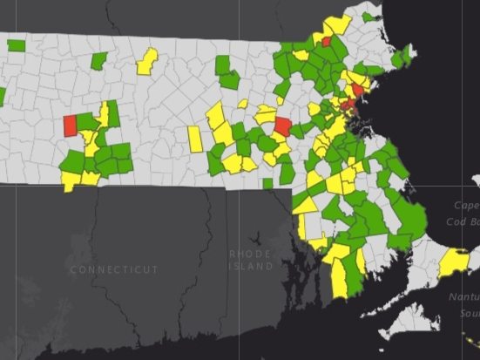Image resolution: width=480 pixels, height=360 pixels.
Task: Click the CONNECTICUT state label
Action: click(x=113, y=270)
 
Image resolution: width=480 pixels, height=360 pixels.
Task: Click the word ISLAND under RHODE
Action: click(x=251, y=265)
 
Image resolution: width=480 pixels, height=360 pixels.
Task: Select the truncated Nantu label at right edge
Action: click(x=464, y=298)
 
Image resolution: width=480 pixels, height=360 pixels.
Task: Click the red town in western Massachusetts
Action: click(x=70, y=126)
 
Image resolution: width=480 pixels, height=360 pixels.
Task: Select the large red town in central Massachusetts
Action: click(x=283, y=126)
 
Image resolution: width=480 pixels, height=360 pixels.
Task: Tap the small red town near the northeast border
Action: click(x=326, y=41)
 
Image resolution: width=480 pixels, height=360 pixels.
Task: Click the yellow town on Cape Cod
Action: click(x=453, y=262)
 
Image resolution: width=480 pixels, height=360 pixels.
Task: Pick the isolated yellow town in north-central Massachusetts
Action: click(x=147, y=61)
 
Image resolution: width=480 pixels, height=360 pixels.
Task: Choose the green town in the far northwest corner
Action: click(x=16, y=44)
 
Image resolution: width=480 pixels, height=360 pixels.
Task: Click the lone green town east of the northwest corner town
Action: click(x=99, y=60)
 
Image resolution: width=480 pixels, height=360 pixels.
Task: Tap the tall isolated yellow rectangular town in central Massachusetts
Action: click(x=195, y=138)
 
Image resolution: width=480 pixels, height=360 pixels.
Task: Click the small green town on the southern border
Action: click(x=267, y=183)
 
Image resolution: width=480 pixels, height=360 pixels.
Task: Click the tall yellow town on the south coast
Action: click(x=338, y=277)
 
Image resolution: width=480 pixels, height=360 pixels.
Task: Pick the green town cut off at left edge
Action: click(x=2, y=96)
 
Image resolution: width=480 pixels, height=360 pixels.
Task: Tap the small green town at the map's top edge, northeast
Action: click(x=368, y=16)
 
